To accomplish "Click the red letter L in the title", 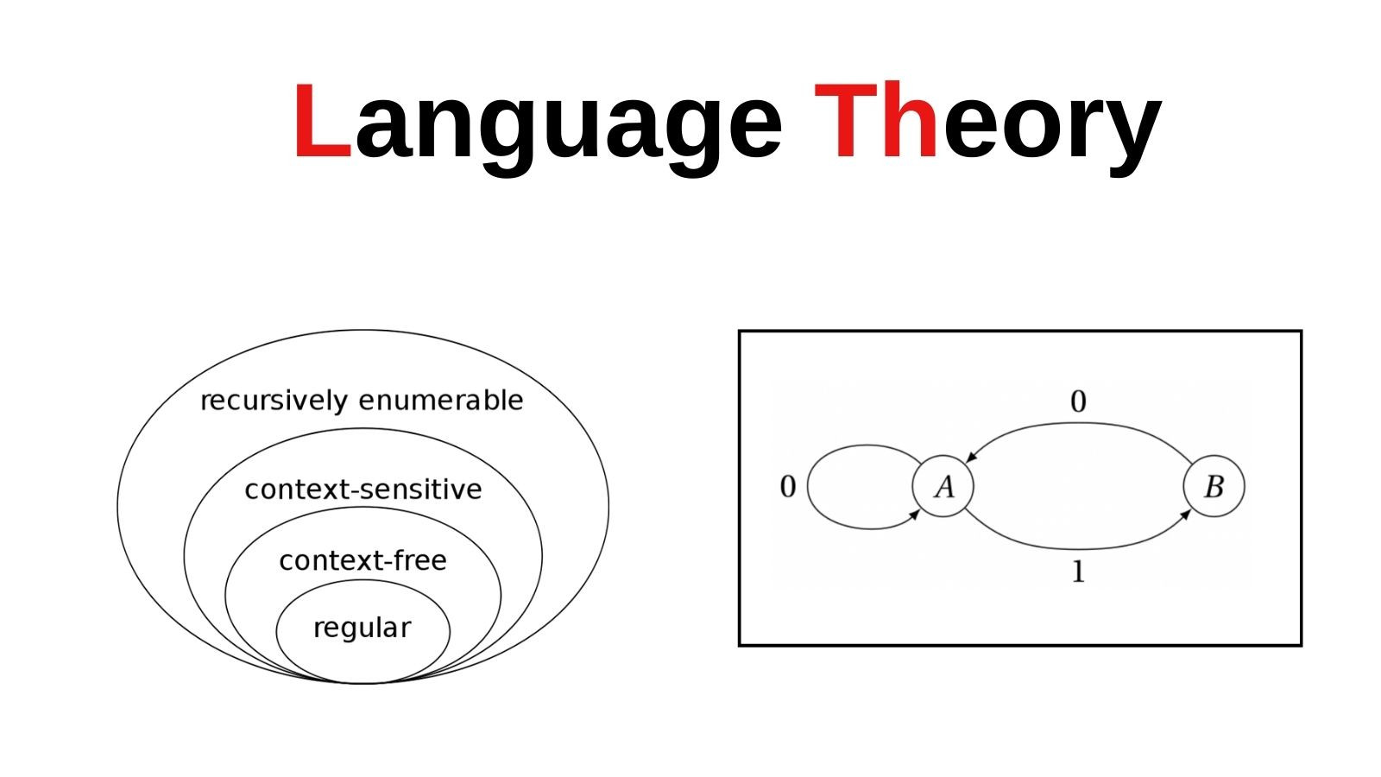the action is pos(323,120).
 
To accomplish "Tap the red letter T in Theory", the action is pos(846,120).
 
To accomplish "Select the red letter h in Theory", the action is pos(910,120).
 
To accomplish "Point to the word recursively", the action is pos(274,401).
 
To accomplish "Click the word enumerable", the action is pos(441,401).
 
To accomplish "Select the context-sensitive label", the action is pos(363,490).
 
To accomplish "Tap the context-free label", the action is pos(363,560).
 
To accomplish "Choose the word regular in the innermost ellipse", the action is pos(362,629).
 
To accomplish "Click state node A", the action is pos(943,487).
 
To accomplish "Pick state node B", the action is pos(1214,487).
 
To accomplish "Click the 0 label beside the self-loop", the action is pos(788,487).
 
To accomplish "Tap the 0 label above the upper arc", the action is pos(1078,402).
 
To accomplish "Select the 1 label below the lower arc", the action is pos(1078,572).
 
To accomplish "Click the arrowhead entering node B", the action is pos(1185,515).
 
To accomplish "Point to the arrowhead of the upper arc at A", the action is pos(971,457).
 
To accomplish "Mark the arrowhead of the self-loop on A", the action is pos(915,515).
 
